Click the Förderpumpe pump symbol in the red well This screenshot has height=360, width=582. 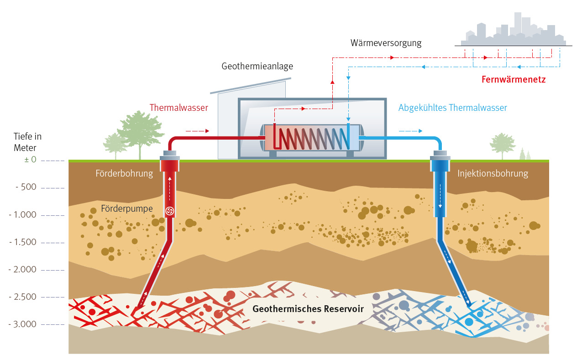coord(169,210)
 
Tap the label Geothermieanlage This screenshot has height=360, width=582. coord(257,67)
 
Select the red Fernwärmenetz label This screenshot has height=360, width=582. coord(514,79)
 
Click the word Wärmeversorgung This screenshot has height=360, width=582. coord(386,43)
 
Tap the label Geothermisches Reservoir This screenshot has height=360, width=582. coord(308,309)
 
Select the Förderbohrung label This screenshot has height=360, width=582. coord(124,173)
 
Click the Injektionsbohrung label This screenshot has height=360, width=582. coord(493,173)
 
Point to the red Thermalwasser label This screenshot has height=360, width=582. coord(178,108)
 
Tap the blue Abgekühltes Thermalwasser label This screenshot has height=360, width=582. coord(452,108)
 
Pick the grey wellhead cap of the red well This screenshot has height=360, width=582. coord(169,158)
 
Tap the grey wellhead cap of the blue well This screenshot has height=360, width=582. coord(440,158)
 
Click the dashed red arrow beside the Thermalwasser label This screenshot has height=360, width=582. coord(197,131)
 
